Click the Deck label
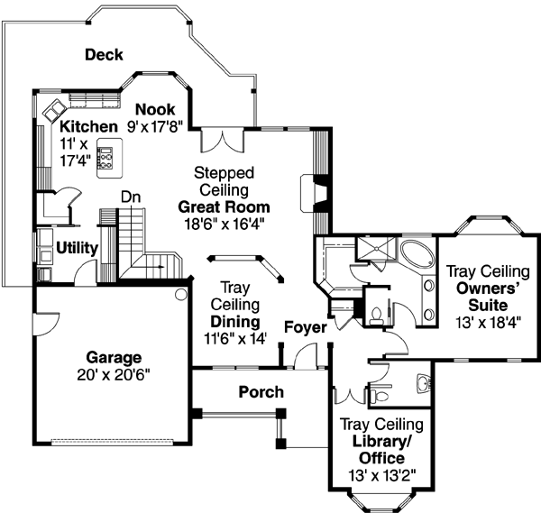(104, 55)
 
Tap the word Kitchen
(88, 126)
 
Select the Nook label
(155, 110)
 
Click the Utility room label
(78, 246)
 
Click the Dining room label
(234, 322)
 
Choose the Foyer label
(305, 327)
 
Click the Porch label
(261, 392)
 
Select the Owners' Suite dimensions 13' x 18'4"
(489, 320)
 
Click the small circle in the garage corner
(180, 294)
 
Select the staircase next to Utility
(135, 239)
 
